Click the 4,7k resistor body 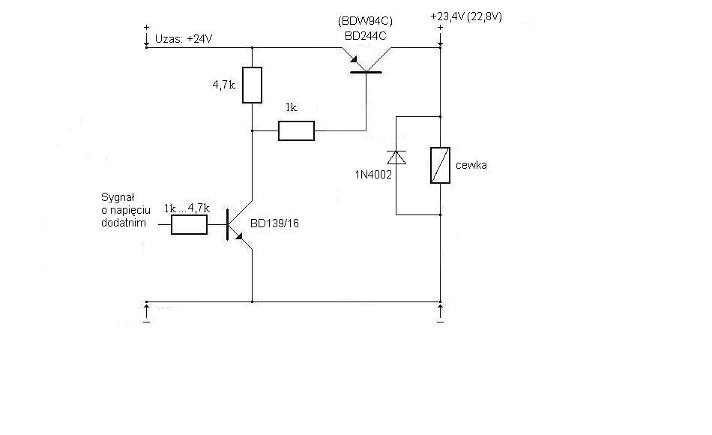pos(252,85)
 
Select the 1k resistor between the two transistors pos(296,131)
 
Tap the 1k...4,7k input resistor pos(189,224)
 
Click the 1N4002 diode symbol pos(396,157)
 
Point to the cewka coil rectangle pos(440,166)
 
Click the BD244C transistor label pos(366,36)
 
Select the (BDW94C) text pos(366,21)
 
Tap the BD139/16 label pos(275,223)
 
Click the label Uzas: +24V pos(184,39)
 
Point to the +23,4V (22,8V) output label pos(466,16)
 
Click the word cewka pos(471,165)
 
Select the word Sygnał pos(118,198)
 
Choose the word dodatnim pos(124,223)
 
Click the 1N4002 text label pos(373,175)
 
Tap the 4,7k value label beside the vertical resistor pos(224,85)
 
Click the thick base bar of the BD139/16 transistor pos(227,224)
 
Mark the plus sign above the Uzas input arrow pos(146,28)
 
